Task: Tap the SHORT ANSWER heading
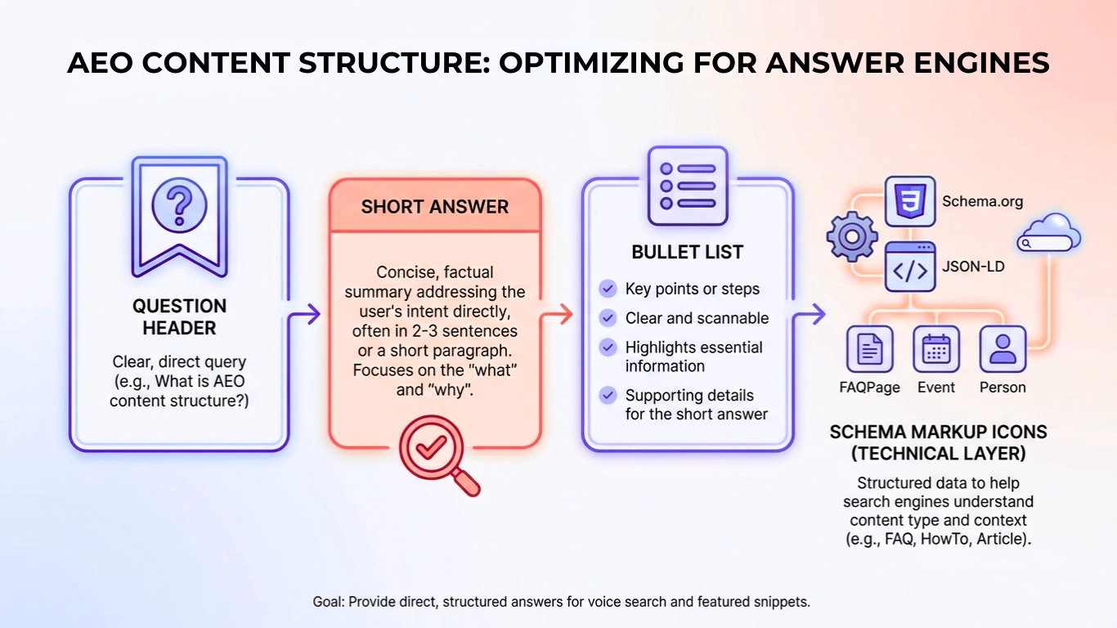click(x=435, y=206)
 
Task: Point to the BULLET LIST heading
click(x=687, y=252)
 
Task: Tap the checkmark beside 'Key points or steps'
click(x=608, y=289)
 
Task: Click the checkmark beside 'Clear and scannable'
click(x=608, y=318)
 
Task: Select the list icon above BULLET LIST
click(x=687, y=186)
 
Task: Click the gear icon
click(x=851, y=238)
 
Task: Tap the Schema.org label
click(x=982, y=201)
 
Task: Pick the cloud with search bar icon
click(x=1049, y=235)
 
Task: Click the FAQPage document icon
click(x=869, y=349)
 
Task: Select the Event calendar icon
click(x=935, y=349)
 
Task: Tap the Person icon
click(x=1003, y=349)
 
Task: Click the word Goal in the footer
click(x=330, y=602)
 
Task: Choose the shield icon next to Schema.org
click(x=910, y=201)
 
